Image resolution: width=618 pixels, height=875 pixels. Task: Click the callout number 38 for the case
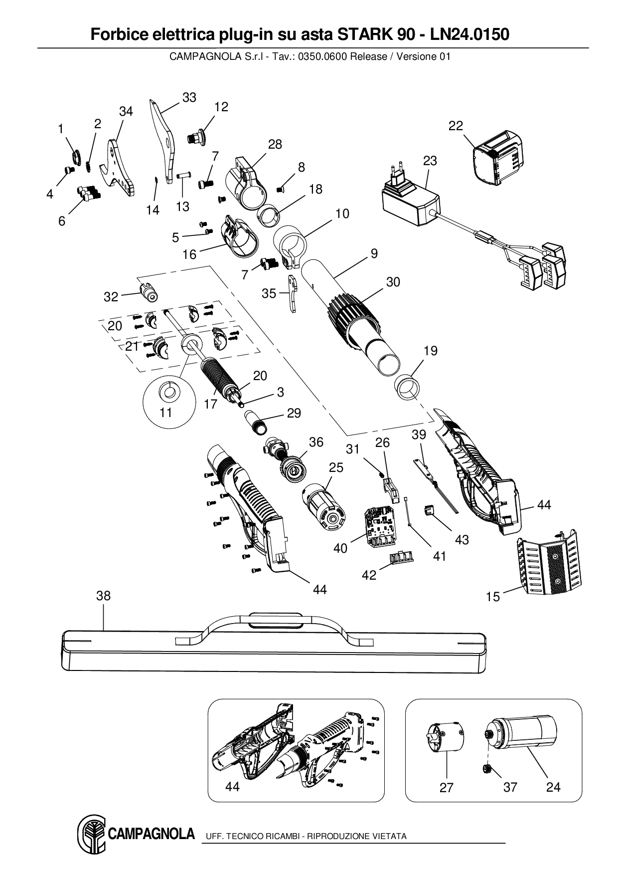point(104,596)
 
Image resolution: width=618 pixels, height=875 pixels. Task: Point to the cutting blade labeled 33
point(163,137)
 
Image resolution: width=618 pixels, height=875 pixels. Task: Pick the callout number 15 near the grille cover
point(492,597)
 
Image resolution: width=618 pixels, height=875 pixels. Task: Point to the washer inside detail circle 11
point(169,392)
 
